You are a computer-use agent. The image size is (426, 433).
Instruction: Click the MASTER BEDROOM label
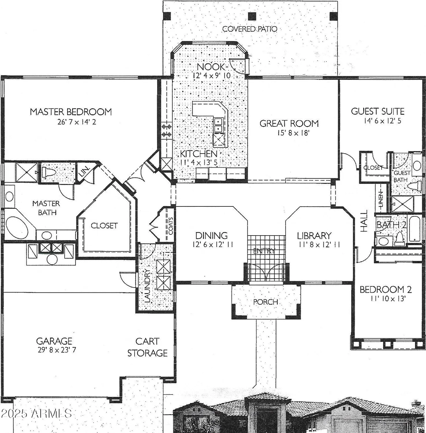[71, 112]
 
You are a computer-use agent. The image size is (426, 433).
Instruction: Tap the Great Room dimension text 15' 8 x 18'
[289, 133]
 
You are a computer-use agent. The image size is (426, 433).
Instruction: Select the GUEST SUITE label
[377, 111]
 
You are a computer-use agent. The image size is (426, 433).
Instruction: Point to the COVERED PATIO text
[250, 29]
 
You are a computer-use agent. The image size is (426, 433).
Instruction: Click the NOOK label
[211, 67]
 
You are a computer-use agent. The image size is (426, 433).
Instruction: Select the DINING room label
[212, 236]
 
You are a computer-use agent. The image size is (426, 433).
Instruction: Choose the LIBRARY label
[314, 236]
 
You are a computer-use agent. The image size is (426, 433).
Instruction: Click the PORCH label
[266, 302]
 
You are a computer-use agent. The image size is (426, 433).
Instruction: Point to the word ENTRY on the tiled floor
[264, 251]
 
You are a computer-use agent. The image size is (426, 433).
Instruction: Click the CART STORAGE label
[147, 347]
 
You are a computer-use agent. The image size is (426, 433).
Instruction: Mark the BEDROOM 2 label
[386, 290]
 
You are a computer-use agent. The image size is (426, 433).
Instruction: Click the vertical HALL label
[364, 221]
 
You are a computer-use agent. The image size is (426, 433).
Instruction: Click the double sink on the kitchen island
[218, 125]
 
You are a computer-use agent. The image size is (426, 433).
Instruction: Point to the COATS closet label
[171, 225]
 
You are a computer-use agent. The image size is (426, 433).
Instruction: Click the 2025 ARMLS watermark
[36, 413]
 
